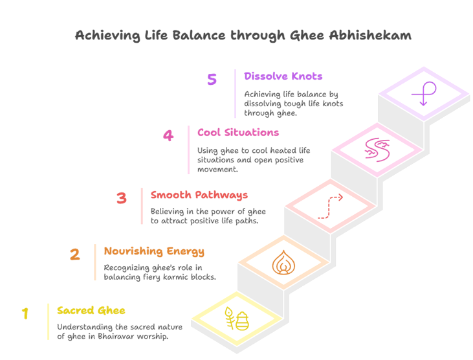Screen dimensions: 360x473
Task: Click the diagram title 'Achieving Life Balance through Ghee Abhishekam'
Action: pos(243,36)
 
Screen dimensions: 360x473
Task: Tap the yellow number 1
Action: pos(25,313)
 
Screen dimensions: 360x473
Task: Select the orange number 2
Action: pos(74,254)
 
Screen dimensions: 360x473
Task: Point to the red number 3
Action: pos(121,198)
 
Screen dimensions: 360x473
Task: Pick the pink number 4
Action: pos(168,136)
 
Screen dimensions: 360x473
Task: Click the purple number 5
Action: pos(212,79)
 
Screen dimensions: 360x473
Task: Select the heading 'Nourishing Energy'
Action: pos(154,251)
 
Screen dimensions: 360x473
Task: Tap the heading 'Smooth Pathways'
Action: pos(199,195)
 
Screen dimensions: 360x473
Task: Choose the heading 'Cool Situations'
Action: pos(238,133)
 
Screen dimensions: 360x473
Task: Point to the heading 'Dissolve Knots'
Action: pos(283,76)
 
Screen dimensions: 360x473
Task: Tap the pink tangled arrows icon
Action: pos(376,149)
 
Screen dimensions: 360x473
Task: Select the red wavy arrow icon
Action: pos(330,206)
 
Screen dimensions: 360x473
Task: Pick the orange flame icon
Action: pos(282,263)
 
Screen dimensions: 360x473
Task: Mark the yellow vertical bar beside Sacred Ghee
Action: pos(48,321)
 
